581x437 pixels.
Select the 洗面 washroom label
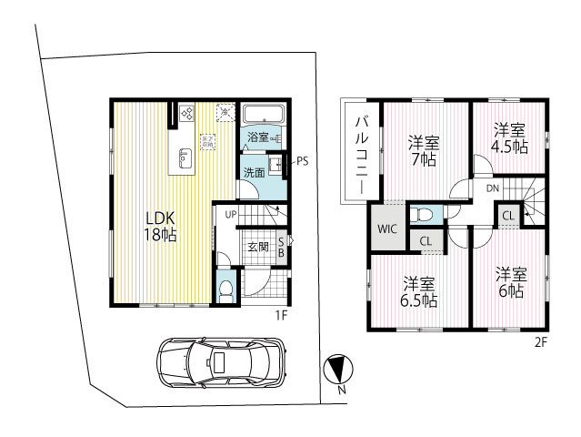coord(254,172)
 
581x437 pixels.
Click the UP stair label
coord(230,214)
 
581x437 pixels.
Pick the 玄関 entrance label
coord(256,247)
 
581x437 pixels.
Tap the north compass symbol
coord(336,368)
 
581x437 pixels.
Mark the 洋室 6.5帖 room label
coord(418,290)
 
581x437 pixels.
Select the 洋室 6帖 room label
coord(510,282)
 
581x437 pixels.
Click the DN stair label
coord(492,188)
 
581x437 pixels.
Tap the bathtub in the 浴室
coord(265,116)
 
